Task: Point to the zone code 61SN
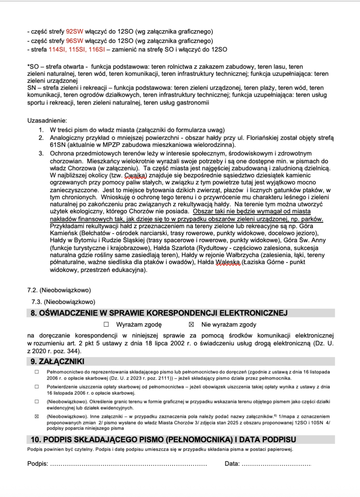[x=57, y=145]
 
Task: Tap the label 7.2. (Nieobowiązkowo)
[x=59, y=290]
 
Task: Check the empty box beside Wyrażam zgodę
[x=106, y=324]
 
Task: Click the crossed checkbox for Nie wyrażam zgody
[x=191, y=324]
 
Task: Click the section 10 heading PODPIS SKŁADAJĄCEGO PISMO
[x=161, y=439]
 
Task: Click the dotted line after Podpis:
[x=129, y=465]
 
